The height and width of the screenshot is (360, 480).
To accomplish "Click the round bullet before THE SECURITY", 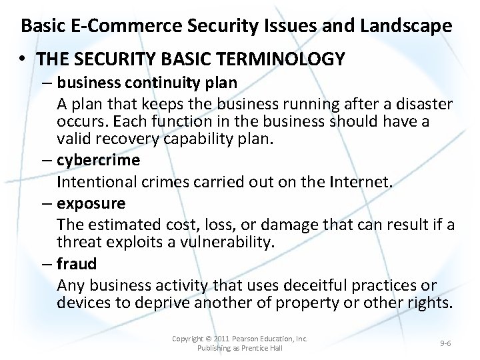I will [x=23, y=59].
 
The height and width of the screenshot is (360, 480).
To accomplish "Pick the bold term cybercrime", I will [x=98, y=160].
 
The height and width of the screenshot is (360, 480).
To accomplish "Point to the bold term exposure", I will [x=91, y=203].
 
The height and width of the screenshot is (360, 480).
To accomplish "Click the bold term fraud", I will [x=77, y=264].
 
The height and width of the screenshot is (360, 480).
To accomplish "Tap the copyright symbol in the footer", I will [x=209, y=339].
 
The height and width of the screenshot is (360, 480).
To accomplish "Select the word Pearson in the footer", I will [x=249, y=339].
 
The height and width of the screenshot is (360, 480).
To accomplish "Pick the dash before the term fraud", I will [x=45, y=264].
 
